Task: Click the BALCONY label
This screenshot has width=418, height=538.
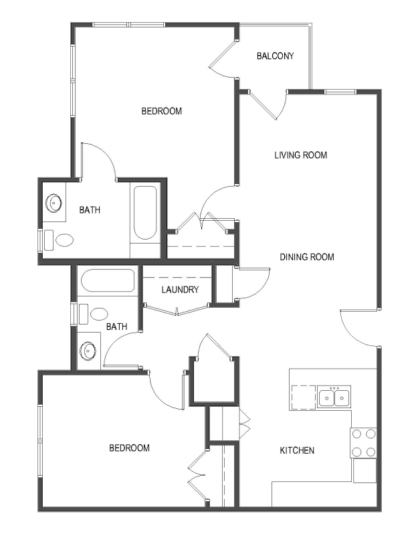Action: coord(276,56)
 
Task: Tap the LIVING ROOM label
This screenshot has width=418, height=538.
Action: coord(301,155)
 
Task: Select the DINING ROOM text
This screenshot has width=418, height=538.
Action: coord(307,257)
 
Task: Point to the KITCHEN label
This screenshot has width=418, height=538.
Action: coord(297,450)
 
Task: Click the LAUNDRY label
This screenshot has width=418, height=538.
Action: coord(180,290)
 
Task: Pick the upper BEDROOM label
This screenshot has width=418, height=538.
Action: coord(161,111)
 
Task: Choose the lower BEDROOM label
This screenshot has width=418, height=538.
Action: coord(129,448)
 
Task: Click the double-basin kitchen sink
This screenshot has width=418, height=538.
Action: coord(334,397)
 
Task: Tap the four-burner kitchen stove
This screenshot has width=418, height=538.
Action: coord(363,442)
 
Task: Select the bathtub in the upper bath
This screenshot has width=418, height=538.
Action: coord(145,213)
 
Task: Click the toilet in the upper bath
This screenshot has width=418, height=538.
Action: coord(59,240)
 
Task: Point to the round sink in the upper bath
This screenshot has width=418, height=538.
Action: coord(54,203)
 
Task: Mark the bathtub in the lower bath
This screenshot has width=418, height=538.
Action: coord(108,280)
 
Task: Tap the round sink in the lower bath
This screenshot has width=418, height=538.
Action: coord(88,351)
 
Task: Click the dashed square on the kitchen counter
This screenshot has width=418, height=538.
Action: coord(304,397)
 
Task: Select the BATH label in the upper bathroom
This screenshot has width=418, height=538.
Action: coord(90,209)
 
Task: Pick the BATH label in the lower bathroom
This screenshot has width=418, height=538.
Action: coord(116,327)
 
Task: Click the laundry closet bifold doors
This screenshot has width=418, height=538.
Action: coord(177,308)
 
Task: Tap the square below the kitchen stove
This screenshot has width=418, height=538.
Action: coord(365,470)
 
